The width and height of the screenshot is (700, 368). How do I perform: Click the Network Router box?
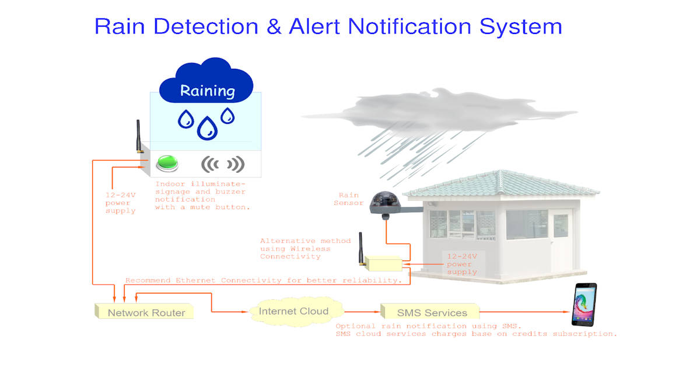pos(145,311)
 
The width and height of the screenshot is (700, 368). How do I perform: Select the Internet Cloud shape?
pos(296,312)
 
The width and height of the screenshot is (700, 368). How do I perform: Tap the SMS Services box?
pos(430,311)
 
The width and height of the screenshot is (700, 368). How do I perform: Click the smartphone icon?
pos(584,305)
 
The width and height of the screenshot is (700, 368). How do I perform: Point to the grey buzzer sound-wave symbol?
pos(222,164)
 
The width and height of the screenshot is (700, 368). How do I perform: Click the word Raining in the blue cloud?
pos(208,91)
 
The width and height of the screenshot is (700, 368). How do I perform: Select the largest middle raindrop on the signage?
pos(207,129)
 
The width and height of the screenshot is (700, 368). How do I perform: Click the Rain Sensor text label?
pos(348,199)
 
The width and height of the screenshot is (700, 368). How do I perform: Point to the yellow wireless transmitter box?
pos(383,263)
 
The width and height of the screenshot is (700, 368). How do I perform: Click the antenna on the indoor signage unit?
pos(138,137)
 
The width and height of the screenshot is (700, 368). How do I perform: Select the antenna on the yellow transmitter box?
pos(361,249)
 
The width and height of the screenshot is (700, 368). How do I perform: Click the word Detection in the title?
pos(206,26)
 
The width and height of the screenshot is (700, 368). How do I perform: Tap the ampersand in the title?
pos(274,26)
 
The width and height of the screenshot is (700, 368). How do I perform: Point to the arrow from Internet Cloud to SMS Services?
pos(362,312)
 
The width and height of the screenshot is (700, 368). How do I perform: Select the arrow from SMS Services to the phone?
pos(524,312)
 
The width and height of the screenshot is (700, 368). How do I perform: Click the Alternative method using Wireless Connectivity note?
pos(305,249)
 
